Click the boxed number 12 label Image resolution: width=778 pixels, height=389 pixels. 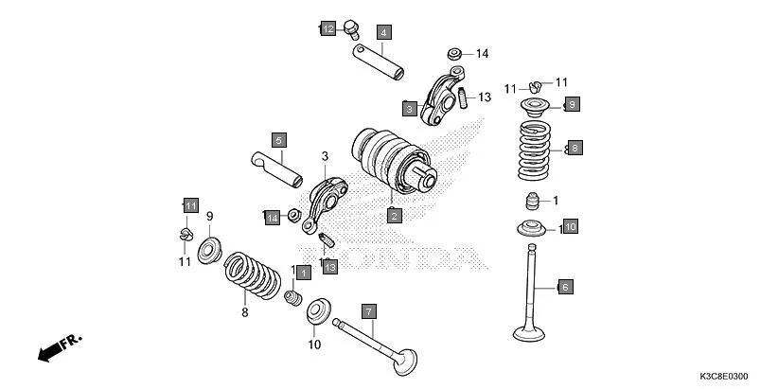tap(327, 29)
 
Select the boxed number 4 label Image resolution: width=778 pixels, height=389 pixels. tap(383, 32)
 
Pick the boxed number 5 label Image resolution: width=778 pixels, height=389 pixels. tap(279, 140)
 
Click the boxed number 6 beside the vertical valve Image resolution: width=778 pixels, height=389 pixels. tap(565, 287)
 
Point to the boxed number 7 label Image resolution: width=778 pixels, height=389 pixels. tap(369, 309)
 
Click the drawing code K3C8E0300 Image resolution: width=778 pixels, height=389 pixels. tap(730, 377)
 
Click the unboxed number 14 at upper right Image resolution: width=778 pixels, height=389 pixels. tap(482, 54)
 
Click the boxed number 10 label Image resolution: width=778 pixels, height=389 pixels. tap(570, 226)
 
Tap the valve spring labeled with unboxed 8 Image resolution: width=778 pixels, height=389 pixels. tap(252, 273)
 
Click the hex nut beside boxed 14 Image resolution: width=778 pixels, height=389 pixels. tap(293, 215)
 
